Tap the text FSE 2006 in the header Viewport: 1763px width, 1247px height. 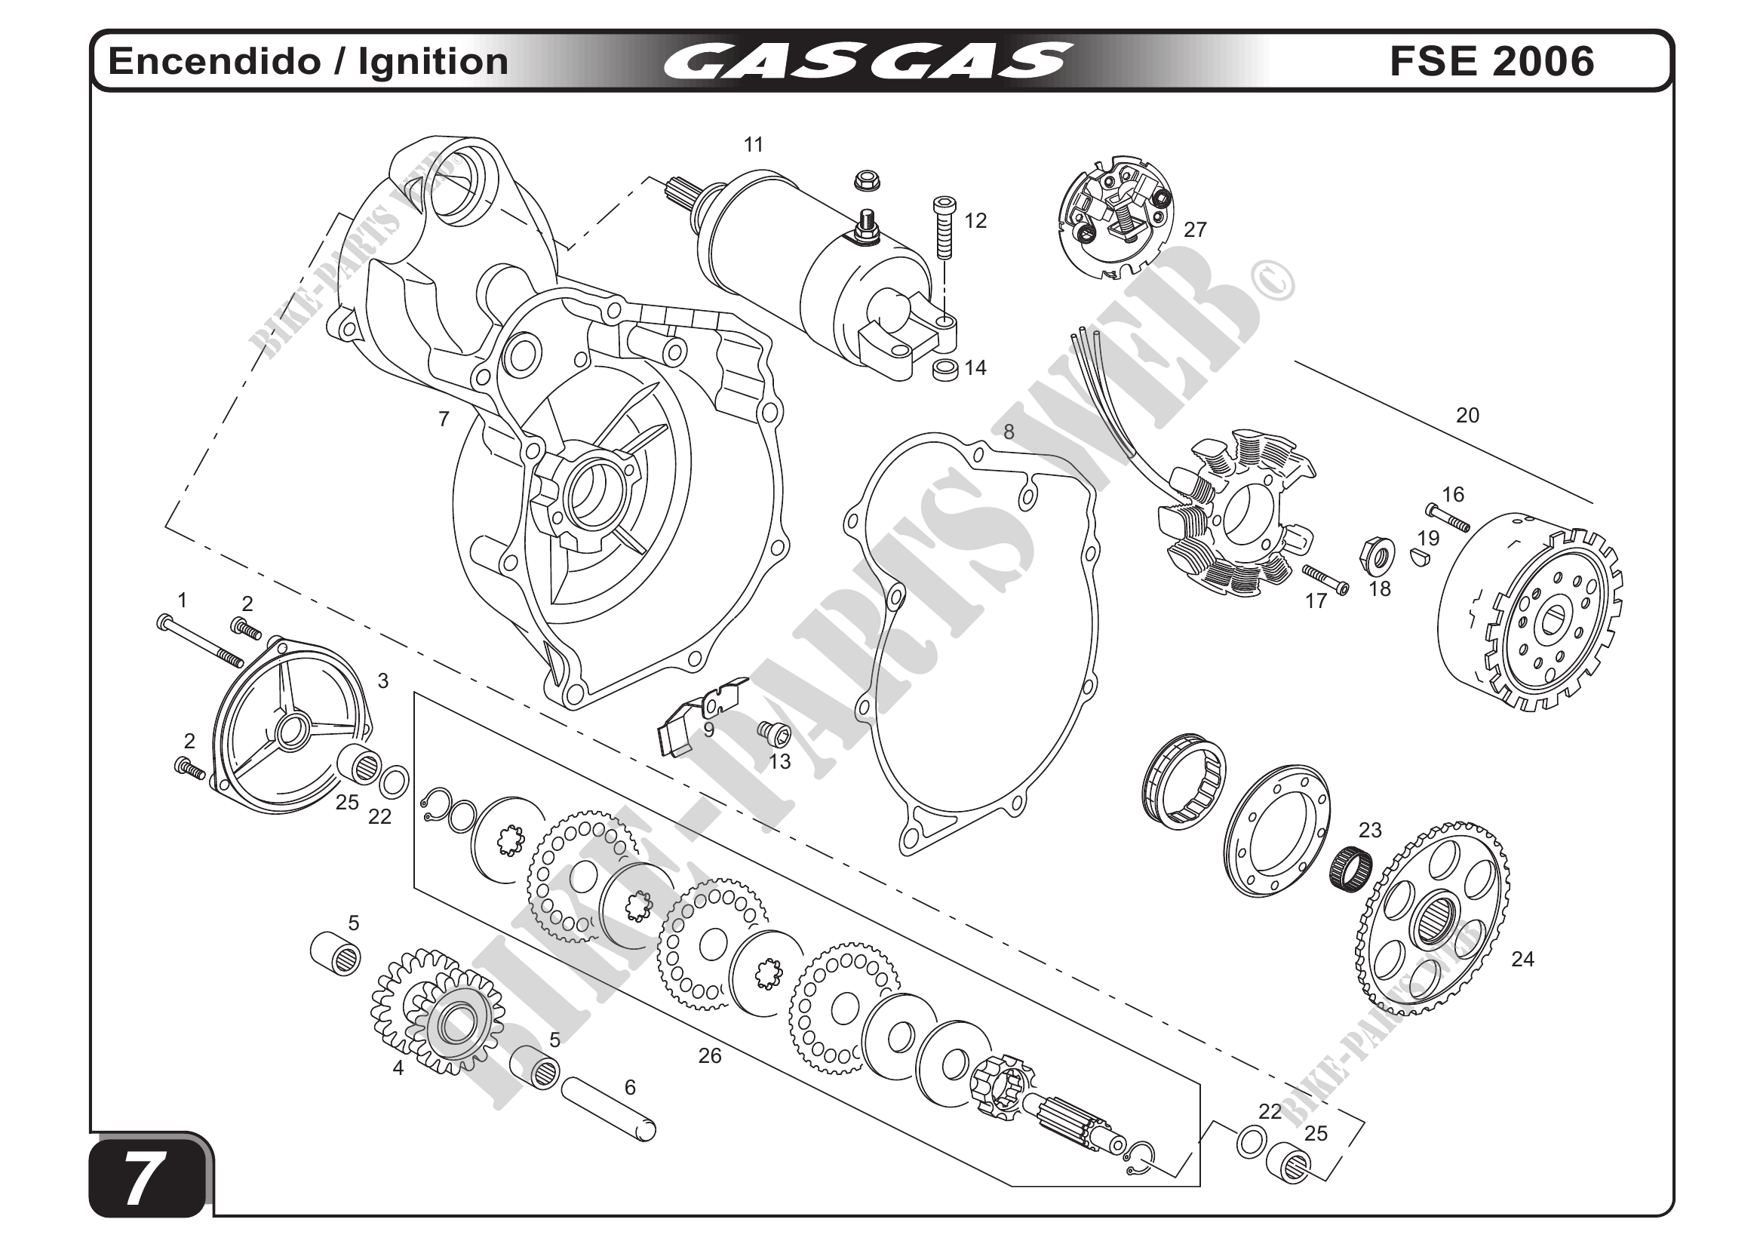(x=1491, y=61)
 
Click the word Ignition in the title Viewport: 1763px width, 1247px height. (x=433, y=61)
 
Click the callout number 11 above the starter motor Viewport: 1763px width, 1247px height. (x=754, y=144)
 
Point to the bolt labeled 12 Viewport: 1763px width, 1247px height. (x=943, y=229)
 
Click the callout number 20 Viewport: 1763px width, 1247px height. (x=1467, y=416)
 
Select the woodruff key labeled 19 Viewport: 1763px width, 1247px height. (x=1421, y=557)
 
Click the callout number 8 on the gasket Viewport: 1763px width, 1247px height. (x=1008, y=432)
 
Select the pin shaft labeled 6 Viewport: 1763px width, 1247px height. (x=609, y=1110)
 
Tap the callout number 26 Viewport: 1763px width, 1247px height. (x=709, y=1056)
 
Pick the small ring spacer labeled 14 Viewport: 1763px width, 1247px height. (x=945, y=370)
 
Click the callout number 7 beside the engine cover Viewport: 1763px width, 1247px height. (x=443, y=419)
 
